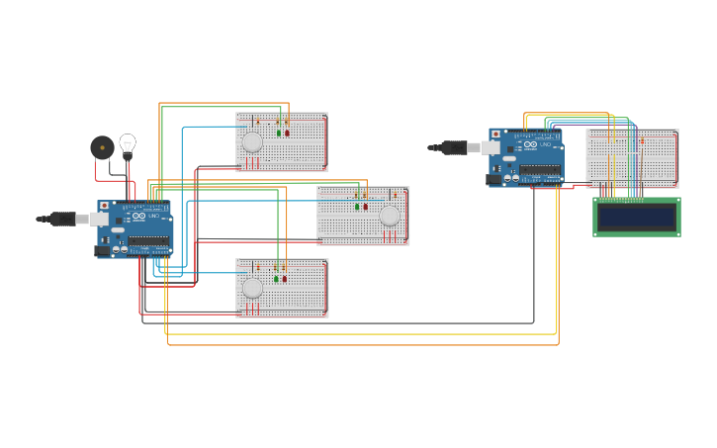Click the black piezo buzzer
point(102,147)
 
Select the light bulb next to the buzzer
point(128,144)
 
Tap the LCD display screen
point(636,217)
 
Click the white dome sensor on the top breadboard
point(253,141)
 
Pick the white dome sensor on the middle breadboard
point(390,216)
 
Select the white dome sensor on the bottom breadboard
point(253,288)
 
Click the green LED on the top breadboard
point(279,133)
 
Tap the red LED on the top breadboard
point(288,133)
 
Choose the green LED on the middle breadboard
point(357,207)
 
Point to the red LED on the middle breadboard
point(365,207)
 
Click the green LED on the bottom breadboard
point(276,279)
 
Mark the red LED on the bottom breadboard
point(285,279)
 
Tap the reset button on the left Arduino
point(104,206)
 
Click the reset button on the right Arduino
point(495,134)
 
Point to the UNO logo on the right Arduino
point(545,145)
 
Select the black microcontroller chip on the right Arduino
point(539,169)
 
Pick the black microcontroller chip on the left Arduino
point(147,241)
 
